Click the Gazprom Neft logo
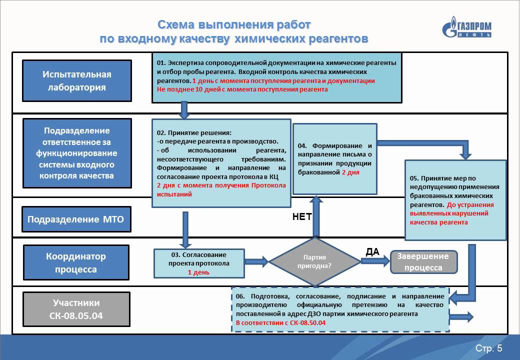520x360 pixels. coord(466,27)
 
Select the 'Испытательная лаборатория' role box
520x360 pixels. coord(77,80)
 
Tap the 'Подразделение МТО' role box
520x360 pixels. coord(76,219)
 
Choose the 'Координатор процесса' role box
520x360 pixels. coord(76,262)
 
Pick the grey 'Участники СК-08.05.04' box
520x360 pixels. coord(76,309)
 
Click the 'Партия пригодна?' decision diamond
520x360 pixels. coord(314,261)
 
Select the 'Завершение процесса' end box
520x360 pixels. coord(423,262)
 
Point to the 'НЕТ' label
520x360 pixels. coord(302,217)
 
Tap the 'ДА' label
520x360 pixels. coord(372,252)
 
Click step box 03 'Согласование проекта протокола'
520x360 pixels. coord(199,263)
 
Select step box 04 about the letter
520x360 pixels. coord(335,159)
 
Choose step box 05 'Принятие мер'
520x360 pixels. coord(455,200)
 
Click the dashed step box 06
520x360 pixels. coord(340,309)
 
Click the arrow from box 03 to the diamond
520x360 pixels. coord(256,261)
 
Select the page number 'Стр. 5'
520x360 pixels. coord(489,348)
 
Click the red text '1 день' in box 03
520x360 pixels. coord(198,272)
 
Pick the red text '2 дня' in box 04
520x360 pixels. coord(350,172)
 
